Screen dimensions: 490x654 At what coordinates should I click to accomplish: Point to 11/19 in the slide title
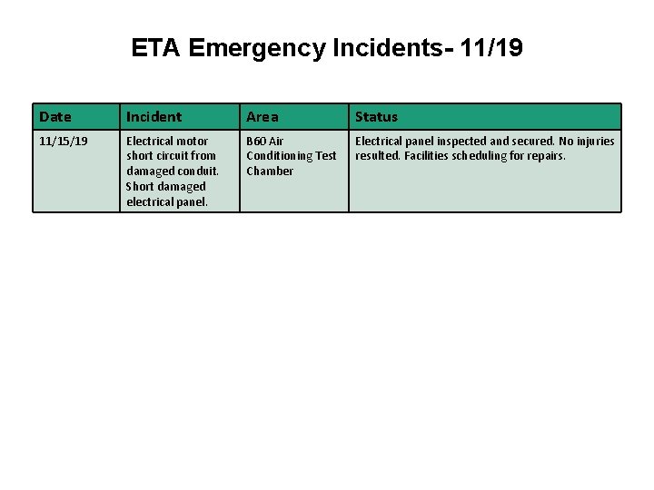(x=491, y=48)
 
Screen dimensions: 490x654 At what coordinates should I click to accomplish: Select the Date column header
(x=55, y=116)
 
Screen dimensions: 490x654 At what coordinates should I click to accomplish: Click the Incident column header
(x=154, y=116)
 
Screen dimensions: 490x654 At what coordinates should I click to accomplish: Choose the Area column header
(x=263, y=116)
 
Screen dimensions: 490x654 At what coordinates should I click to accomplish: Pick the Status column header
(x=376, y=116)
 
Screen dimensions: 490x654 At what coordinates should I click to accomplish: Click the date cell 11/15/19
(x=64, y=141)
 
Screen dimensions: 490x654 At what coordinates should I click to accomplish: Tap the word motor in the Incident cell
(x=192, y=141)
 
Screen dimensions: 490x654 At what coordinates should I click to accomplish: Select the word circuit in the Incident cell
(x=172, y=155)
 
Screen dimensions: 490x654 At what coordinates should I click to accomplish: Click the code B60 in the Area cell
(x=256, y=141)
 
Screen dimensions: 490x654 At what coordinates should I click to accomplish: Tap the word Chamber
(x=270, y=171)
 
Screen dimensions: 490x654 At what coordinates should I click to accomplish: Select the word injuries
(x=594, y=141)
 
